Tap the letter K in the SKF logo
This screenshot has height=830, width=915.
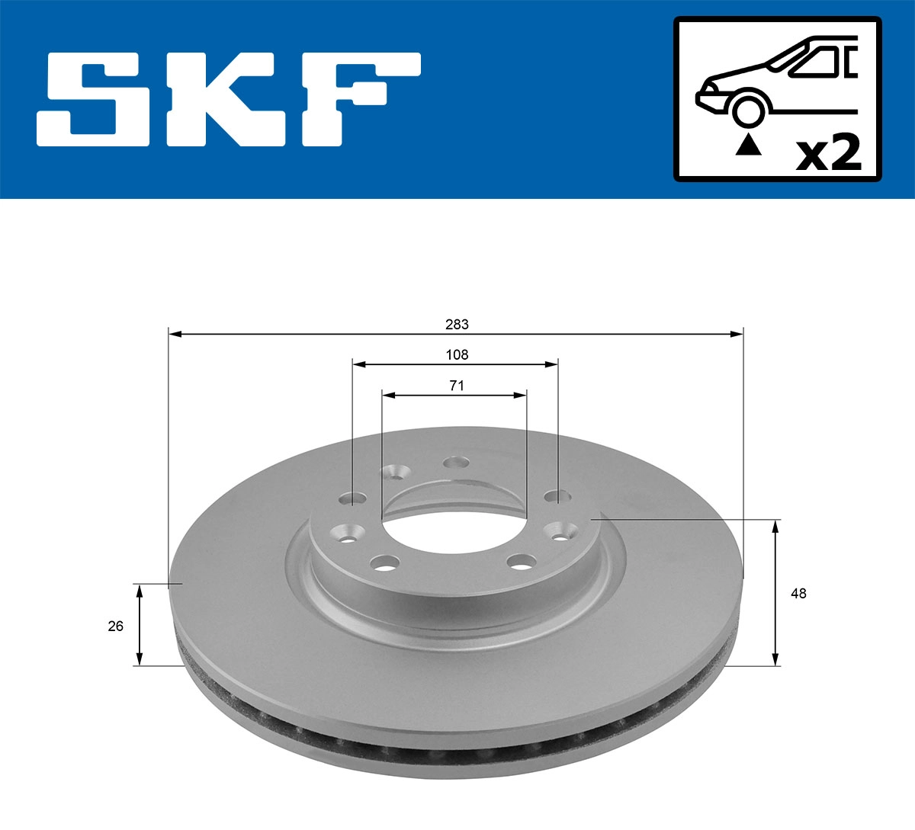(225, 99)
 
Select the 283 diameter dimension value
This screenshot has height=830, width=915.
(457, 325)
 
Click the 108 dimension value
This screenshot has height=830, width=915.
(457, 355)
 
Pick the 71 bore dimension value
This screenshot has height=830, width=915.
(456, 386)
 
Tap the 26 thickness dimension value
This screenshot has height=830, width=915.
(116, 627)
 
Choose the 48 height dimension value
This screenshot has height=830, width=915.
(798, 594)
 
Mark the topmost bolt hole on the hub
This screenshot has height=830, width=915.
(457, 462)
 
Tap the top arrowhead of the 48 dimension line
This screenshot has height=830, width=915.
(776, 525)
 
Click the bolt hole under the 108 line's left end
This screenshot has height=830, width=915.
(352, 499)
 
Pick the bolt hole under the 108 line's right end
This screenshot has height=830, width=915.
(557, 497)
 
